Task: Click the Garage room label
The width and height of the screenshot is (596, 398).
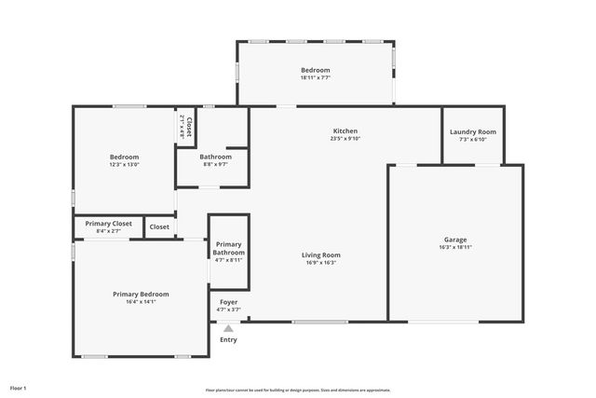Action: point(455,240)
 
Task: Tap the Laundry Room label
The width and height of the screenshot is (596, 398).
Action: point(473,132)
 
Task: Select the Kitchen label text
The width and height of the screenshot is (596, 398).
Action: point(345,131)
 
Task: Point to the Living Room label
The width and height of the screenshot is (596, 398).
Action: point(320,254)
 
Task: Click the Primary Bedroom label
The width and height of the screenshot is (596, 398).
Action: point(141,294)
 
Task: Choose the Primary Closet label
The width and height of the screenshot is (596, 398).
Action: point(108,224)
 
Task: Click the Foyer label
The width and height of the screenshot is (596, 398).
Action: point(228,302)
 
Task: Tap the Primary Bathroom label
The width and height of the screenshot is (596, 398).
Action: point(228,248)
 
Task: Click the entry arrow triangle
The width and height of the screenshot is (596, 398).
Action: point(228,328)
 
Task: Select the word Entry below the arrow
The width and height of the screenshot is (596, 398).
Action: point(228,339)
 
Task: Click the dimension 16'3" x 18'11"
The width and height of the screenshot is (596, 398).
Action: point(455,248)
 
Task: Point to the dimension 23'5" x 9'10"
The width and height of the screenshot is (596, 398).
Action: point(345,139)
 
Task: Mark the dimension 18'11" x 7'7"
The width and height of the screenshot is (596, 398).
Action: point(315,78)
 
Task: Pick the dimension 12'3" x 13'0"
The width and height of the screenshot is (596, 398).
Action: point(124,165)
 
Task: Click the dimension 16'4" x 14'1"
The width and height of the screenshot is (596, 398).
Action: point(141,302)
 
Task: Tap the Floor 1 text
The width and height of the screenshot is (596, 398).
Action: point(19,387)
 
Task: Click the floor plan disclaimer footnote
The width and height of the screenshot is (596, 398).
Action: point(298,391)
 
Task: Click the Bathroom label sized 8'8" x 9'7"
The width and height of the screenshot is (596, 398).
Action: point(215,157)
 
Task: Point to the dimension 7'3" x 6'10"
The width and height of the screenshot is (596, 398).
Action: point(473,140)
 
